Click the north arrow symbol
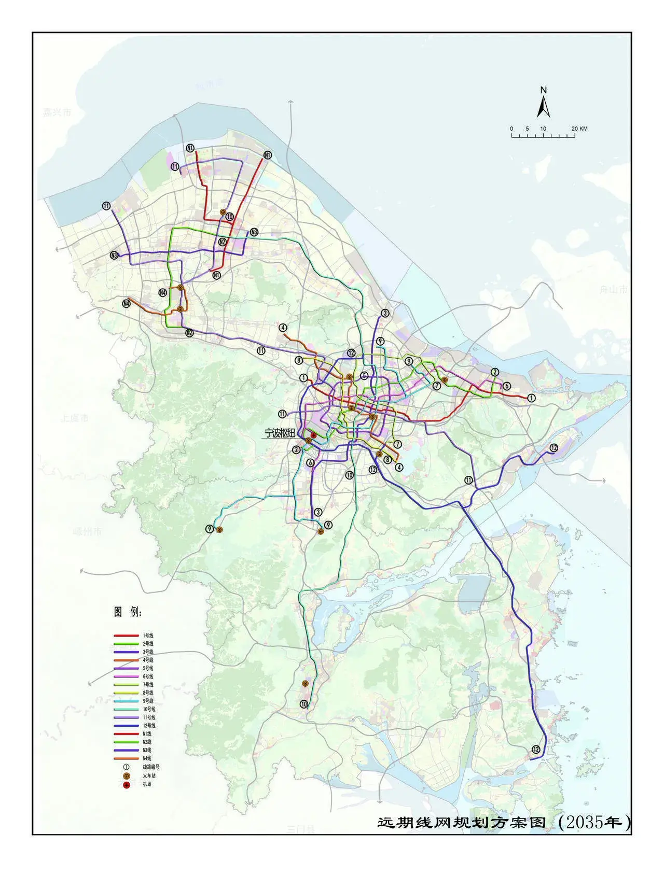coord(543,104)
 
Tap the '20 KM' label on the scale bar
coord(579,129)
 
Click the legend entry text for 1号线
coord(148,635)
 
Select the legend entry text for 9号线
coord(148,701)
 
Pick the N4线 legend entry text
coord(147,758)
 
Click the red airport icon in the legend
coord(127,785)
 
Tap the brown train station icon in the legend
coord(127,776)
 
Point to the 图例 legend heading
coord(128,612)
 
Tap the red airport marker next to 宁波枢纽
coord(313,435)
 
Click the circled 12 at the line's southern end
coord(536,749)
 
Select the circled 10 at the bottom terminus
coord(303,704)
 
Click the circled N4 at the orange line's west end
coord(127,304)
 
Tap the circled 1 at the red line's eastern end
coord(531,398)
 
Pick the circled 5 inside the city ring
coord(364,376)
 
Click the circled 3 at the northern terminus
coord(384,313)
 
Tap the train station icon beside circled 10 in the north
coord(223,212)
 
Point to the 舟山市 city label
coord(613,290)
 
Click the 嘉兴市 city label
coord(57,112)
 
